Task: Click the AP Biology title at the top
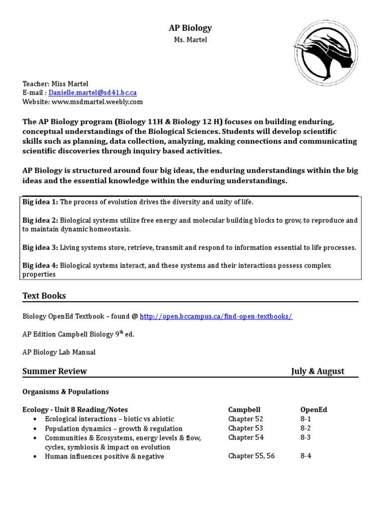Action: (190, 28)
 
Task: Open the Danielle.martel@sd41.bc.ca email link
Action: (92, 93)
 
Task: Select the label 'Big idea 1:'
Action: (40, 202)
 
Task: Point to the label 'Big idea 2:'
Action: (40, 220)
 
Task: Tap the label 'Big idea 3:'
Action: (40, 248)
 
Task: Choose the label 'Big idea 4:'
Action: (40, 266)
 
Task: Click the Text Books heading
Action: (44, 296)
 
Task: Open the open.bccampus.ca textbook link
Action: (216, 317)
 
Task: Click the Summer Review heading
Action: (55, 371)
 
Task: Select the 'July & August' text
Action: (317, 371)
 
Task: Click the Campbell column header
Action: (244, 410)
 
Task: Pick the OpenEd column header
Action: (314, 410)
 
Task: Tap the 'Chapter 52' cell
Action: (246, 419)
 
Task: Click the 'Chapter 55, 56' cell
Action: (251, 456)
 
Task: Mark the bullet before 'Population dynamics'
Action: (35, 429)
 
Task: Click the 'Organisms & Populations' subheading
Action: (65, 392)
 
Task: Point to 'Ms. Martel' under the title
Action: (190, 40)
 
